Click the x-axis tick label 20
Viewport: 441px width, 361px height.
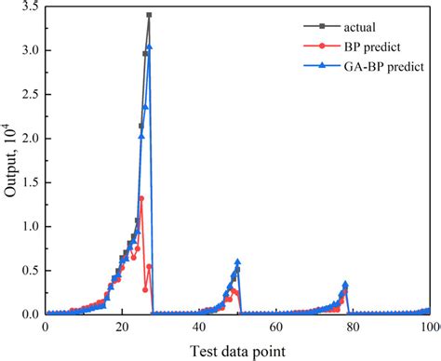pos(122,328)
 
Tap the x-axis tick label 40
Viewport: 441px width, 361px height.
pos(199,328)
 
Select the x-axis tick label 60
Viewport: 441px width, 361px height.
pos(276,328)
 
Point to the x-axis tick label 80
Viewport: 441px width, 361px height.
pos(354,328)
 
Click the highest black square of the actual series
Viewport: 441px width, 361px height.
pos(149,16)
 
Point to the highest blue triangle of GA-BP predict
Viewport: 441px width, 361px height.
pos(149,47)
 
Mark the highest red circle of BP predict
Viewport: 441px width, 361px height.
pos(141,198)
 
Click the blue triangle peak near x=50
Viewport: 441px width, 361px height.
pos(238,262)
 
